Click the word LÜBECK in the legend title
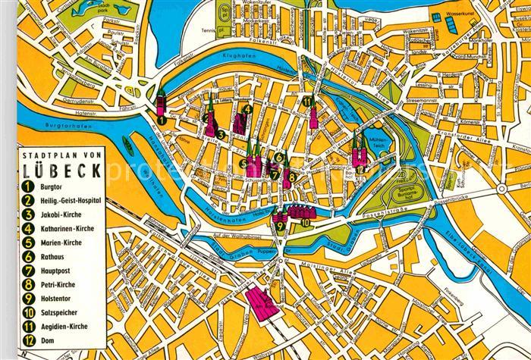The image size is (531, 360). pyautogui.click(x=64, y=170)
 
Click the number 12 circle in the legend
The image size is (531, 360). pyautogui.click(x=28, y=341)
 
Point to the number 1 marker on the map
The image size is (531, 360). pyautogui.click(x=162, y=119)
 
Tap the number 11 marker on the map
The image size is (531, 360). pyautogui.click(x=306, y=102)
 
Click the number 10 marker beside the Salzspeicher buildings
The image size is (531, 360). pyautogui.click(x=305, y=223)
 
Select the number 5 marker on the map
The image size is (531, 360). pyautogui.click(x=243, y=163)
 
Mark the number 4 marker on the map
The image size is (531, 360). pyautogui.click(x=248, y=109)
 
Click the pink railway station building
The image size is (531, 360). pyautogui.click(x=260, y=304)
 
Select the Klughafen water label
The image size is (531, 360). pyautogui.click(x=236, y=57)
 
